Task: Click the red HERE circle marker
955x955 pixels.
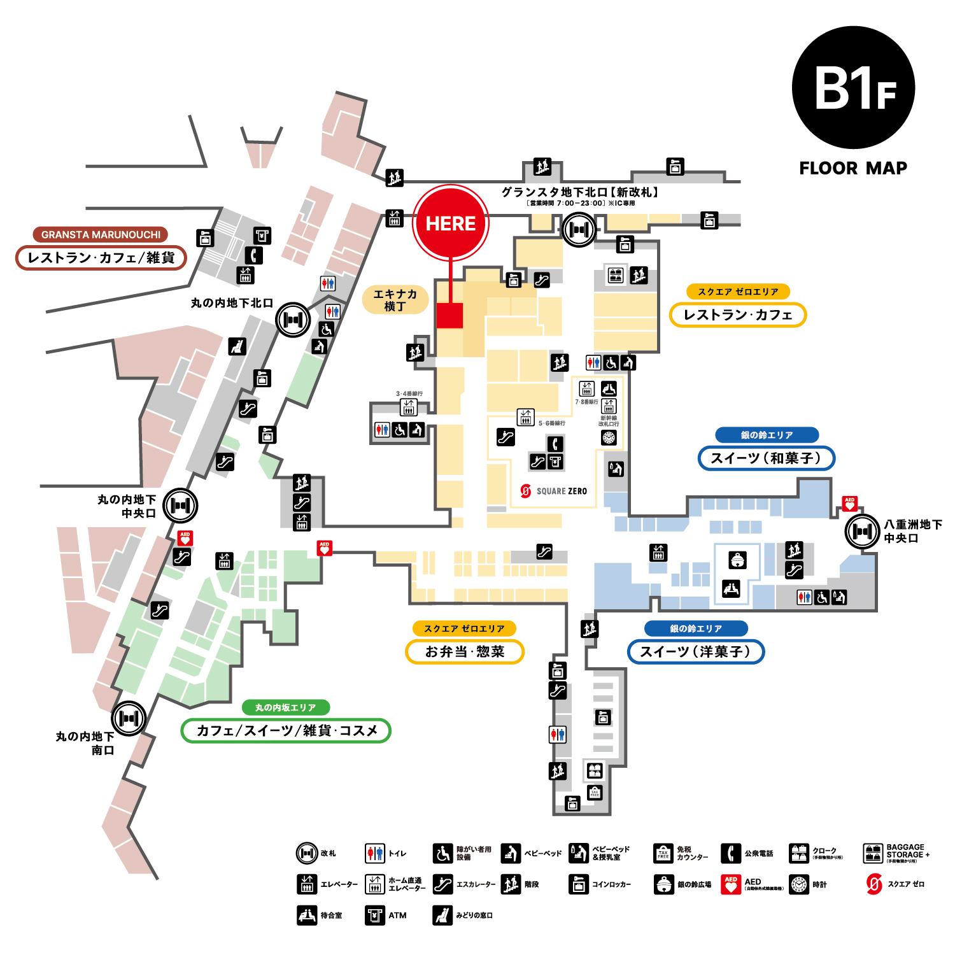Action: coord(451,223)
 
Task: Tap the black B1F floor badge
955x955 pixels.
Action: coord(853,88)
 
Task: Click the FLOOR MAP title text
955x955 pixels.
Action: coord(853,168)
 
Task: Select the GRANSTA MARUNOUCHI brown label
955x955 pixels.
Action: coord(101,235)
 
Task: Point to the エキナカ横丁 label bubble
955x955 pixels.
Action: coord(395,300)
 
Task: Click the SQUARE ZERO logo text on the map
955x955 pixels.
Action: coord(554,491)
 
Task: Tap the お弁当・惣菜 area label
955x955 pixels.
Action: coord(465,651)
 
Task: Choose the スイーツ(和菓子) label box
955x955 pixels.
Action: coord(766,458)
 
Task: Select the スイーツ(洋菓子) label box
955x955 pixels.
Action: coord(695,651)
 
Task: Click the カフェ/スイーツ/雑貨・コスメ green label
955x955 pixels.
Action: coord(286,730)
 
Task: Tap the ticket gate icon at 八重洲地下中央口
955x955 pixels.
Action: coord(862,531)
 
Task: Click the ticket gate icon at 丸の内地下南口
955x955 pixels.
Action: coord(129,718)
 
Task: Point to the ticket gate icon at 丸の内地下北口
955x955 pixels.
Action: coord(293,320)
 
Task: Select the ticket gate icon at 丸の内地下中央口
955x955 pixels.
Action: coord(180,506)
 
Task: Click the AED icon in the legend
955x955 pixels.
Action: coord(731,884)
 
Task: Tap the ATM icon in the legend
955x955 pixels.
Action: coord(375,915)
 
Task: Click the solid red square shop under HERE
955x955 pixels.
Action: coord(449,316)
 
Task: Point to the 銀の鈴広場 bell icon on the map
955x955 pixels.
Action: coord(737,560)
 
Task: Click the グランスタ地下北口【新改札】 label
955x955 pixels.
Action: coord(579,192)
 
